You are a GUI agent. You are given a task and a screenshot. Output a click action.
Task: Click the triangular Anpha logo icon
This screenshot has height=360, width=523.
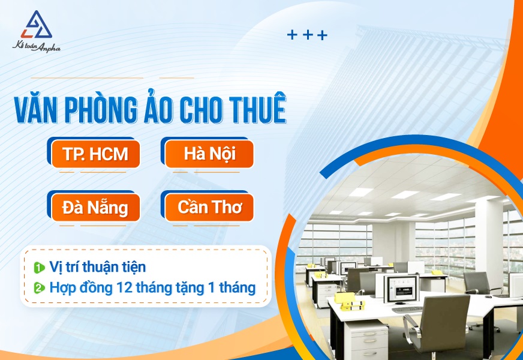[36, 25]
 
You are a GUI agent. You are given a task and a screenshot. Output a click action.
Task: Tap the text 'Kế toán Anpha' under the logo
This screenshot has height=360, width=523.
[37, 46]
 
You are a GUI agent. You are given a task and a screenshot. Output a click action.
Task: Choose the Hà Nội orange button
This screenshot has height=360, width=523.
[209, 154]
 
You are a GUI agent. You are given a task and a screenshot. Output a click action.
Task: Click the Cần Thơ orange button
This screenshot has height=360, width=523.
[209, 208]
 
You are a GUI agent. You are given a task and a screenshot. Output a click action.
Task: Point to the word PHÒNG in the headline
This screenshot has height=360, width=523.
[101, 109]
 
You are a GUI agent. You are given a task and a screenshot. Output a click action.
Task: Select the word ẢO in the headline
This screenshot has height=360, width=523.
[159, 107]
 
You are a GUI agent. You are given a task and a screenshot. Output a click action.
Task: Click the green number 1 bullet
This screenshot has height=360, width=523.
[40, 268]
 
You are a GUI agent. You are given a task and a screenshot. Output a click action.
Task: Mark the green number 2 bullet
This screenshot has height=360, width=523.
[40, 288]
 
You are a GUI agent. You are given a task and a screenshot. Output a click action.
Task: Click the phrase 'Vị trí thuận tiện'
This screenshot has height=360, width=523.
[98, 267]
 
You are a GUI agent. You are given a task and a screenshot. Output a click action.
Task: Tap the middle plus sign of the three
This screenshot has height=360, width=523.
[308, 35]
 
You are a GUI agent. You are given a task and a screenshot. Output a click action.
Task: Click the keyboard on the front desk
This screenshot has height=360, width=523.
[407, 309]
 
